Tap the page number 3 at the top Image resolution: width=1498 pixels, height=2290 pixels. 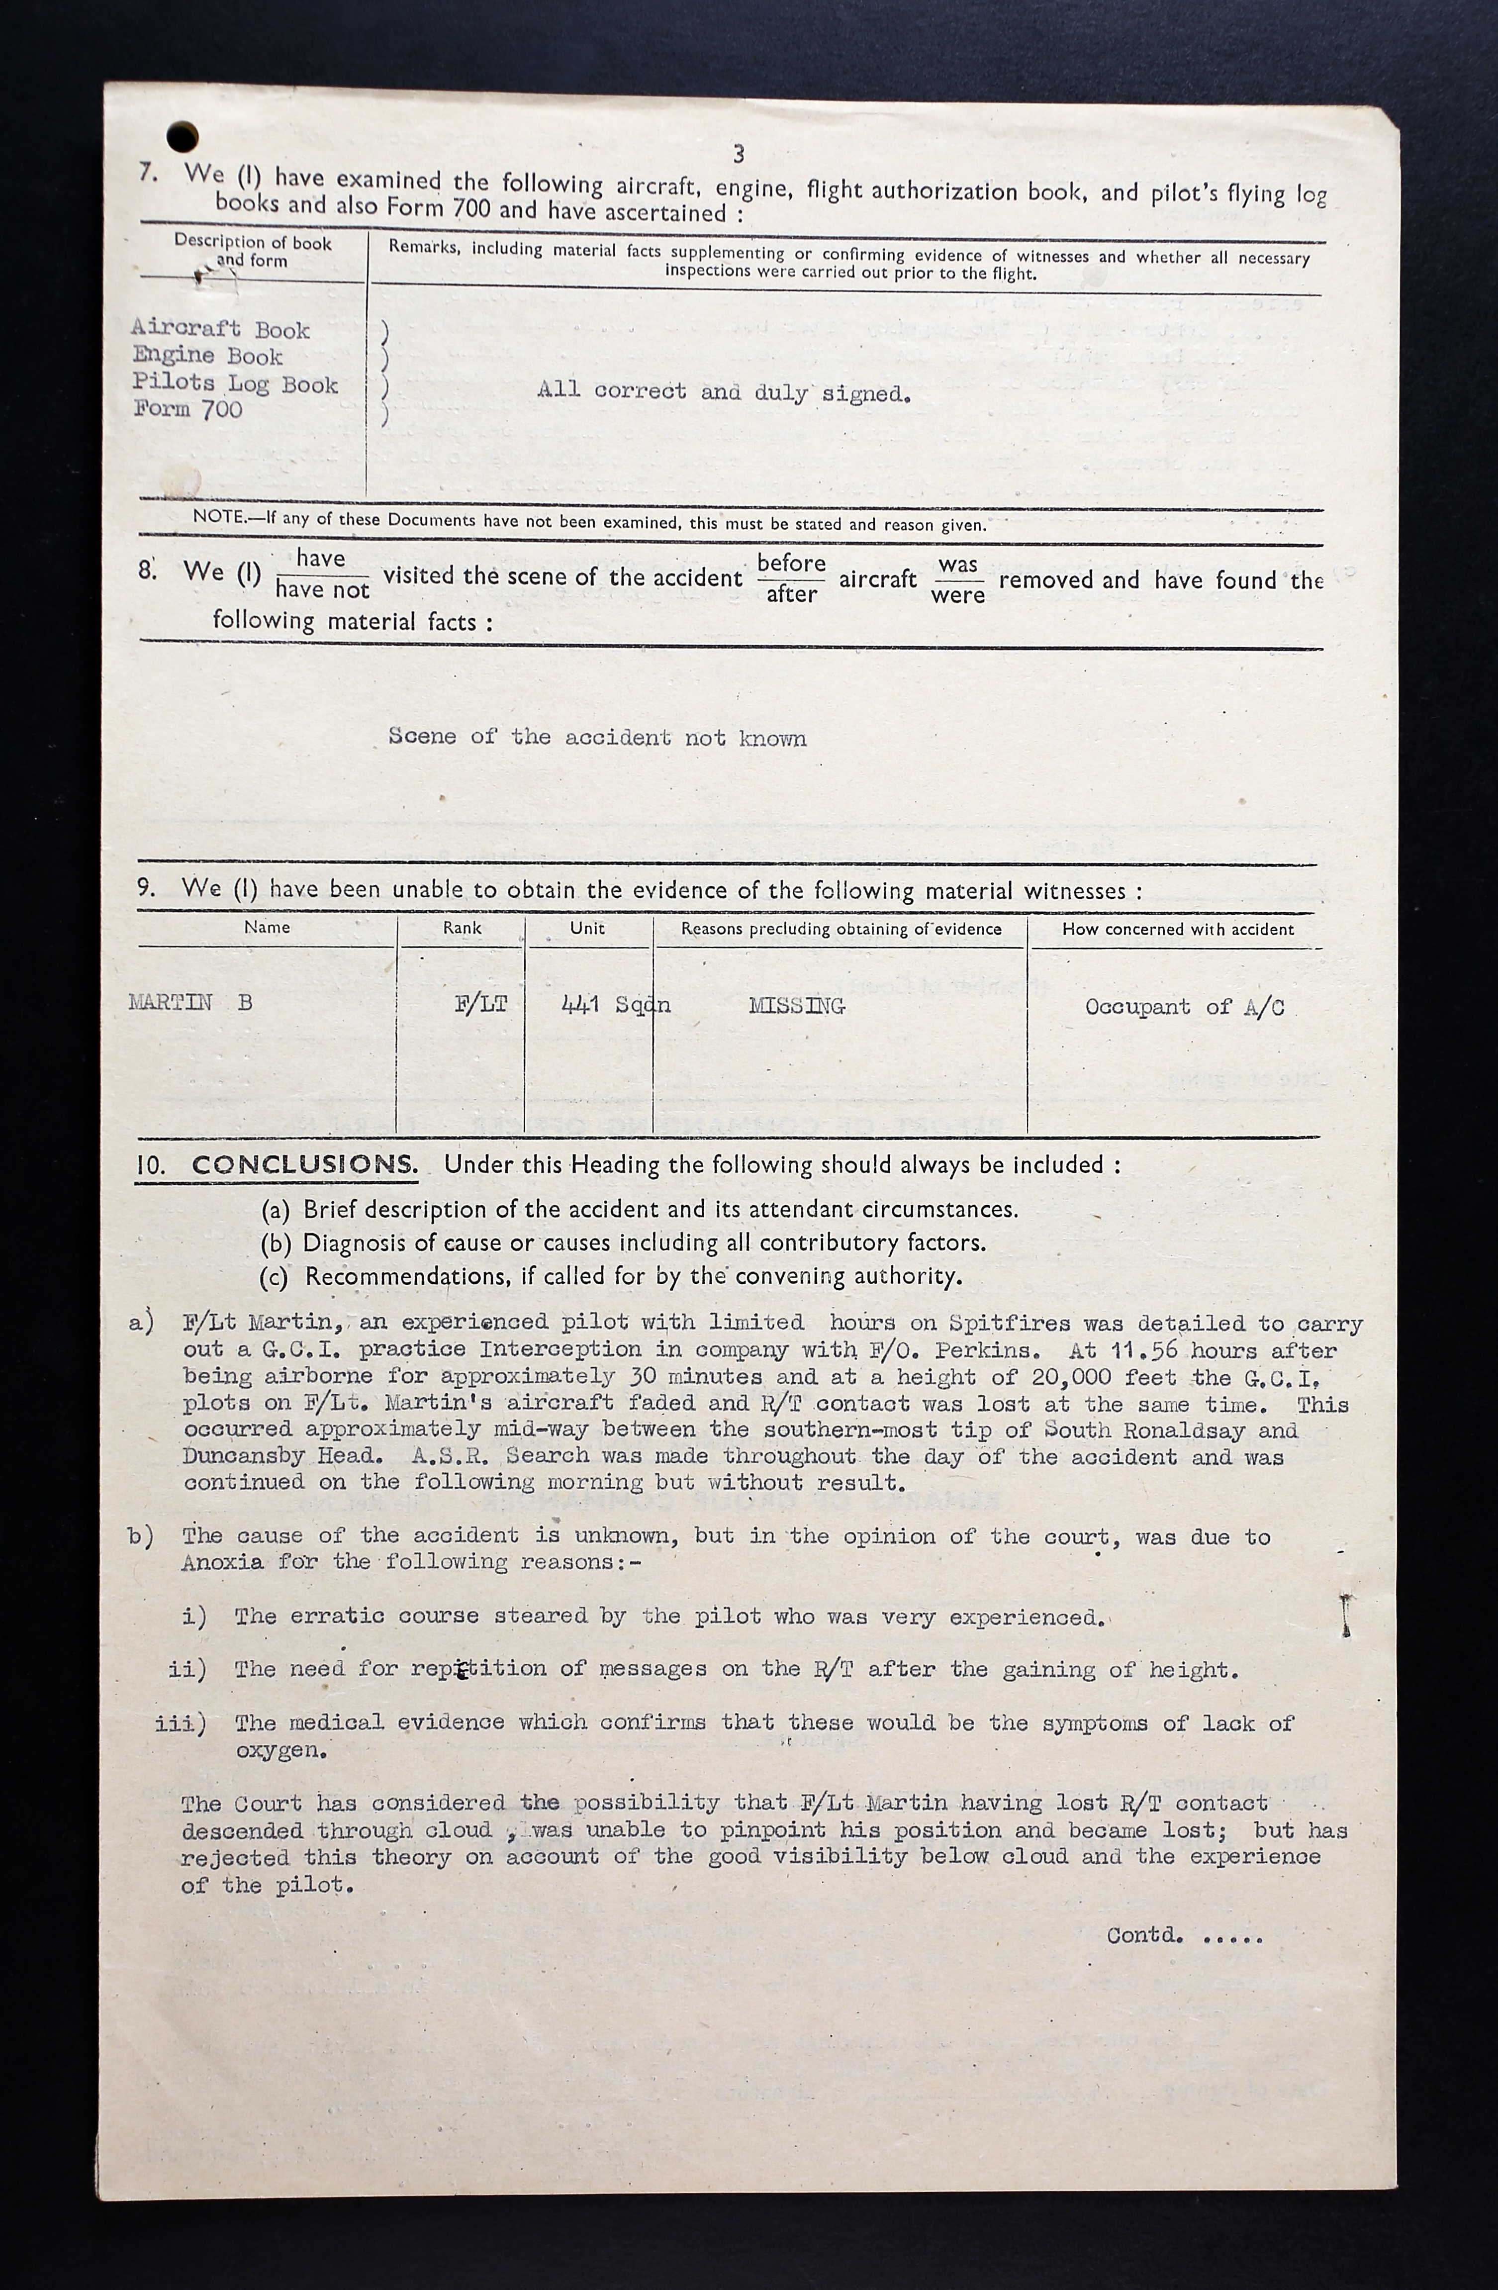738,154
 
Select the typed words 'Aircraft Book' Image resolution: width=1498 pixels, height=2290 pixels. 220,329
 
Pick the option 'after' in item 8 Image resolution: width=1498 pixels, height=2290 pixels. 791,594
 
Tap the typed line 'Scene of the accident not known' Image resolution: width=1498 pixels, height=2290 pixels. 596,737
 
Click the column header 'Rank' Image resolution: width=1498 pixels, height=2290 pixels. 462,928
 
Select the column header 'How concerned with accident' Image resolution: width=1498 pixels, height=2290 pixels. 1178,930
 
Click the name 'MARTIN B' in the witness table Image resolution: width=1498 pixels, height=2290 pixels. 190,1003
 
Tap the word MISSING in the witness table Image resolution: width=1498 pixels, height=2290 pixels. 797,1006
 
